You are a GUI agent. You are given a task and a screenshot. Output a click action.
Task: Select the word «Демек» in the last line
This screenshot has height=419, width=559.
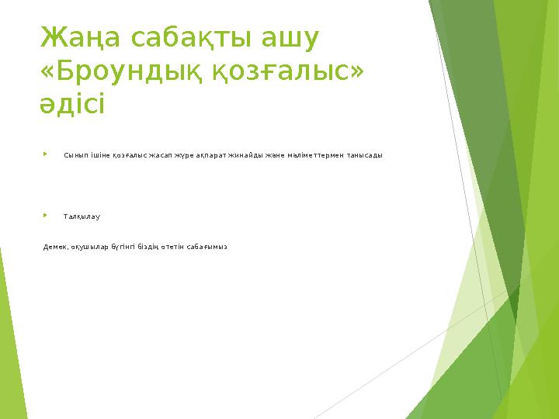[54, 247]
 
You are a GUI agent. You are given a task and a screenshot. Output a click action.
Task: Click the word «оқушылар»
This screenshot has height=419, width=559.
[88, 247]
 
